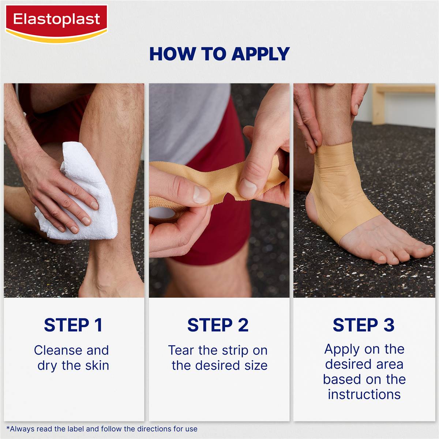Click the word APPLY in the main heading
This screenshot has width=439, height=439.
pyautogui.click(x=260, y=54)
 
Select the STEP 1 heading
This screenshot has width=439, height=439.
pyautogui.click(x=73, y=325)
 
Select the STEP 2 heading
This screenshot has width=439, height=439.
pyautogui.click(x=218, y=325)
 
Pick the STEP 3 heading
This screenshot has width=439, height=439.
pyautogui.click(x=364, y=325)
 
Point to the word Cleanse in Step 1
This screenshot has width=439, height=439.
pyautogui.click(x=58, y=350)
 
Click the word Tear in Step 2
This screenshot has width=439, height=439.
pyautogui.click(x=181, y=350)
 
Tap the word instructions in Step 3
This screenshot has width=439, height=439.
pyautogui.click(x=364, y=394)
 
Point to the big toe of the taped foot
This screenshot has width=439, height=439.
pyautogui.click(x=421, y=252)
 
